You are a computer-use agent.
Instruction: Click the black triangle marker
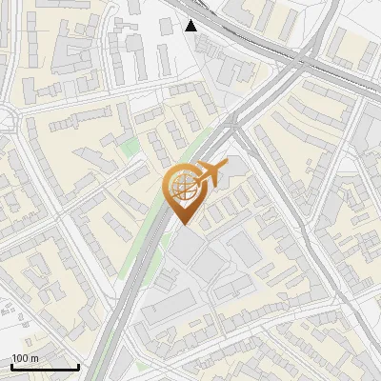[192, 25]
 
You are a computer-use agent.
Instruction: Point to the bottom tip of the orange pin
[183, 224]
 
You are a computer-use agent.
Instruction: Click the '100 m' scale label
[26, 358]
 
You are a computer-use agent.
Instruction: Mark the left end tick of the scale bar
[12, 366]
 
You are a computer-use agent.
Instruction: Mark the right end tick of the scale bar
[78, 366]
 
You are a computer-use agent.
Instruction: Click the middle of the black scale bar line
[45, 367]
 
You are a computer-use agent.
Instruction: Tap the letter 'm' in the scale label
[34, 358]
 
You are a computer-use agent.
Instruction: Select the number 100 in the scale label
[21, 358]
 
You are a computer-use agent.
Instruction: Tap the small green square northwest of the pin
[130, 148]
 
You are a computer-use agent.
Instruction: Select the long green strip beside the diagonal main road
[143, 238]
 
